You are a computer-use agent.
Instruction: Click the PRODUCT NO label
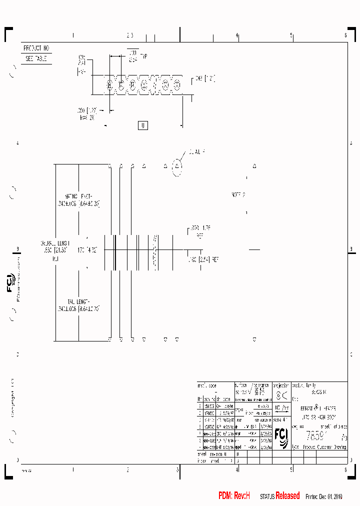click(x=36, y=48)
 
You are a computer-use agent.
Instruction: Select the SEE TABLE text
click(x=36, y=58)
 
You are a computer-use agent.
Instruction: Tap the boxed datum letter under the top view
click(x=143, y=125)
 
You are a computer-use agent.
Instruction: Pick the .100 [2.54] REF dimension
click(x=203, y=260)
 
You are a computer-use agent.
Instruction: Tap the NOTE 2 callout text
click(x=238, y=194)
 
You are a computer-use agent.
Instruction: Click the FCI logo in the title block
click(x=281, y=437)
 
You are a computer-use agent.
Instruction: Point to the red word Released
click(x=287, y=496)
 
